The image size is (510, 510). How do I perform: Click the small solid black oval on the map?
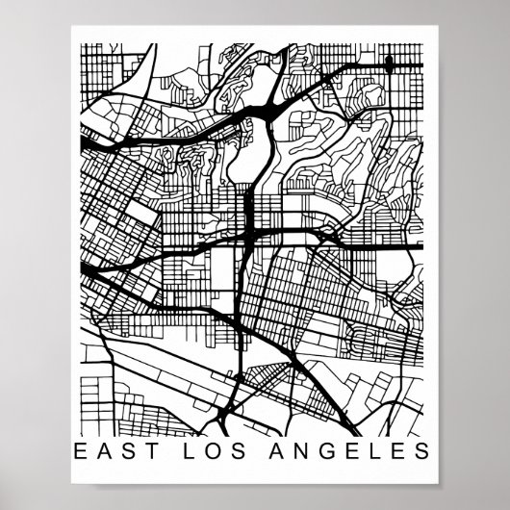389,64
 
